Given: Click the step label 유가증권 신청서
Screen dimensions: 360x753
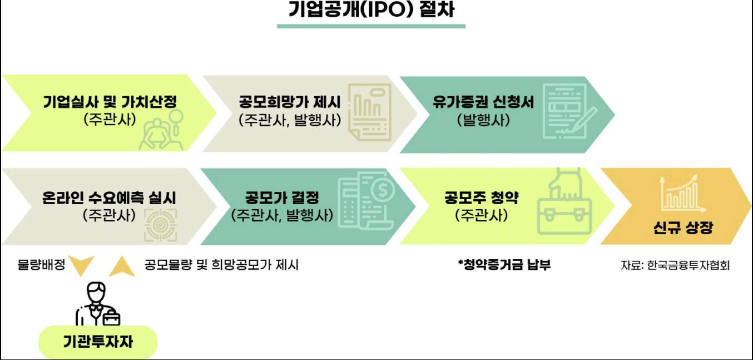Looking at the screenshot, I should pos(483,102).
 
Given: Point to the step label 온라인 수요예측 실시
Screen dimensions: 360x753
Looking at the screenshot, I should pos(109,198).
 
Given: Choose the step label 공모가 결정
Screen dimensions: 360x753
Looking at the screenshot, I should pos(282,198).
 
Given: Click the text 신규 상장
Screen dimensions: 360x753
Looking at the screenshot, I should pos(683,228).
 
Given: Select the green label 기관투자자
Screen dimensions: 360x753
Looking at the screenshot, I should pos(97,341).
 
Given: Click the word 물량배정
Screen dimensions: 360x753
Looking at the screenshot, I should pos(41,265).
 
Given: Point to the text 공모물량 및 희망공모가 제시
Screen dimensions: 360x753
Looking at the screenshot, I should pos(221,265).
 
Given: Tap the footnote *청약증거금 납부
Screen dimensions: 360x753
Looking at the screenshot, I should pos(504,265).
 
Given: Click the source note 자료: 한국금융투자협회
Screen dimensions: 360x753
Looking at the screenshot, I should pos(675,265).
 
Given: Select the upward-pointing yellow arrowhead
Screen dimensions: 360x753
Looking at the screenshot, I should pos(122,267).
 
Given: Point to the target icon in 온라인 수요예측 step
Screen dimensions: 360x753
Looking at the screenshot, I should pos(160,225).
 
